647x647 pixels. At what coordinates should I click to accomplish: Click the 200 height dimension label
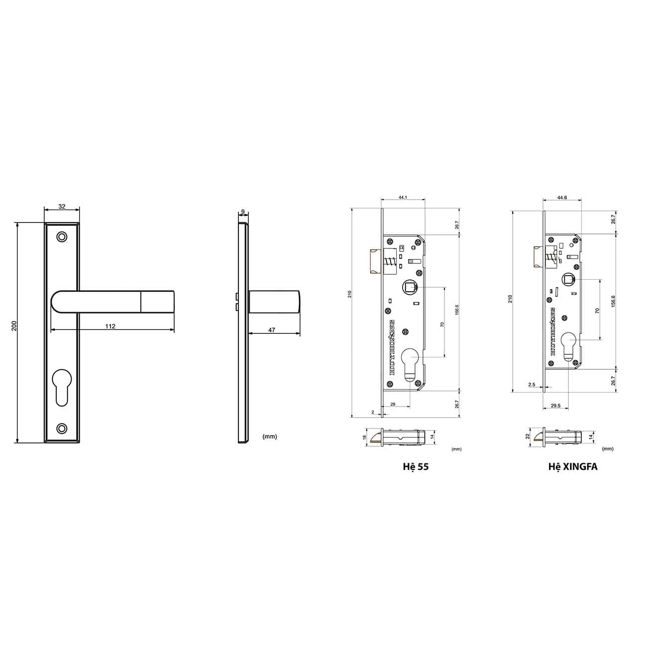click(14, 325)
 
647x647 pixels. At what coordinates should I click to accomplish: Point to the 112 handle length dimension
click(110, 326)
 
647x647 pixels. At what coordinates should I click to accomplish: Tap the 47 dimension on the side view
click(272, 330)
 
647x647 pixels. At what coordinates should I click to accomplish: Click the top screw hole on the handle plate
click(62, 236)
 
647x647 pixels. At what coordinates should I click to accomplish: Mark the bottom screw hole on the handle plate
click(62, 428)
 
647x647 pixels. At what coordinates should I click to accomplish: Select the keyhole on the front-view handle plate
click(62, 386)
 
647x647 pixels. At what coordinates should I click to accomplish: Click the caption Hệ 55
click(416, 467)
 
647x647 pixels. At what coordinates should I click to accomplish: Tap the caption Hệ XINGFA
click(572, 467)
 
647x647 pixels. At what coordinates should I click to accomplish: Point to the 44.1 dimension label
click(403, 198)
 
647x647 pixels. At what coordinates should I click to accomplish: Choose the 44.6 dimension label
click(562, 198)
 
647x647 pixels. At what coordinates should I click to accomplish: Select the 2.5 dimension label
click(532, 385)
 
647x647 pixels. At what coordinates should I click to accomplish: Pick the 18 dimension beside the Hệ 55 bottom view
click(364, 437)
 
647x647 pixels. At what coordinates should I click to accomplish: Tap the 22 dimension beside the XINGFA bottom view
click(528, 436)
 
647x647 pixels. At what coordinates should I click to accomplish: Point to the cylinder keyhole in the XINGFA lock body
click(568, 346)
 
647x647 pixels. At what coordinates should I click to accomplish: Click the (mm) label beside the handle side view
click(269, 436)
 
